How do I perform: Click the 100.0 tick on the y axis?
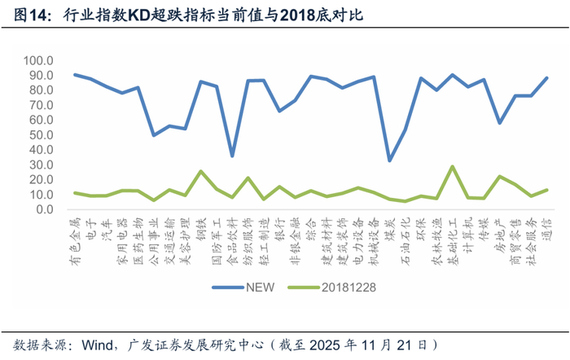[39, 61]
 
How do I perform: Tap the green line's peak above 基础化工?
[452, 166]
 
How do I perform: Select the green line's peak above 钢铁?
[200, 171]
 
